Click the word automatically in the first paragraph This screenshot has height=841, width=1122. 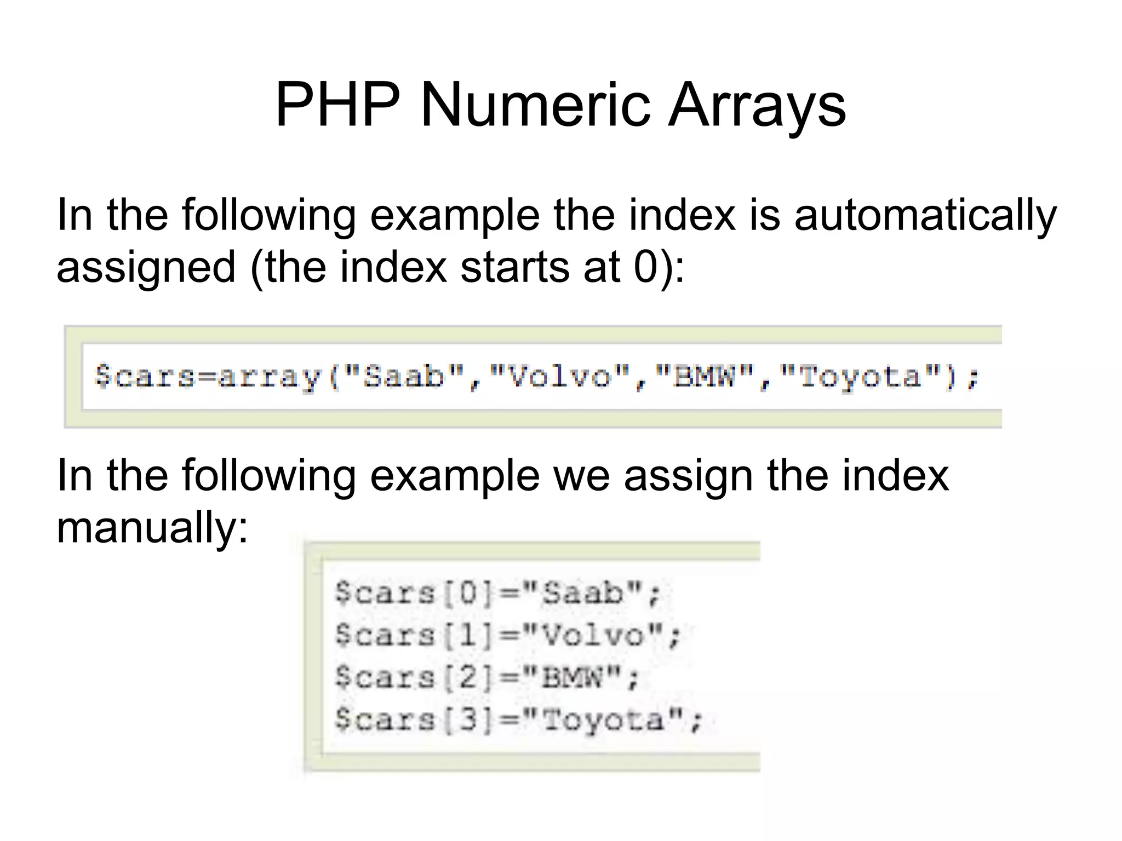[925, 216]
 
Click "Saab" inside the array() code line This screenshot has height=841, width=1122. [404, 377]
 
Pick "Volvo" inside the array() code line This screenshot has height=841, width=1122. [559, 377]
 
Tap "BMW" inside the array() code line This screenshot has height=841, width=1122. [704, 377]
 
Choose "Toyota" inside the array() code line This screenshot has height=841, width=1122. [860, 377]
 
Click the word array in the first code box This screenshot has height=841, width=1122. [268, 377]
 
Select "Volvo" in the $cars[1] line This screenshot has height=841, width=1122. [592, 636]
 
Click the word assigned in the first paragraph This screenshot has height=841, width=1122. [146, 268]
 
